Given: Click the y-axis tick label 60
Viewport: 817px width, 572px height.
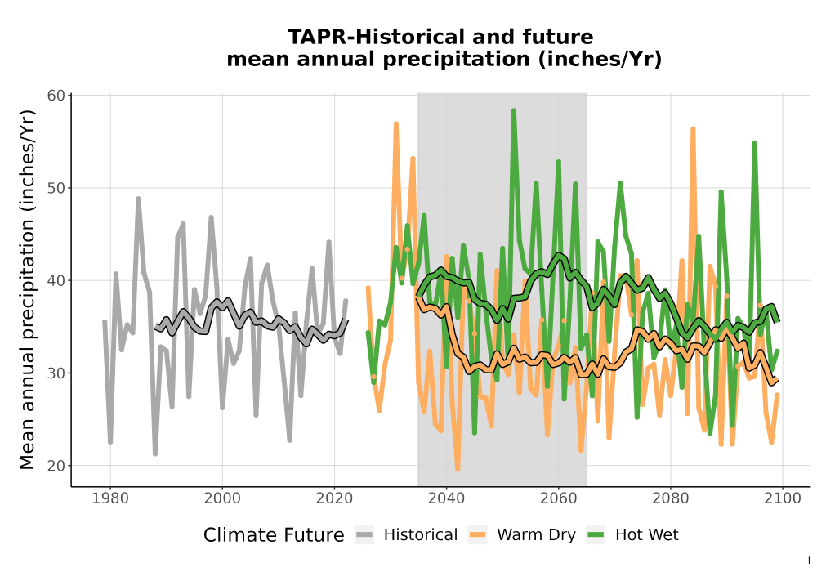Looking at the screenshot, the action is (56, 96).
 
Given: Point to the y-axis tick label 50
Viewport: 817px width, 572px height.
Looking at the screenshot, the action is (56, 188).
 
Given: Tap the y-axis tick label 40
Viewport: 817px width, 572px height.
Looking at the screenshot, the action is (56, 281).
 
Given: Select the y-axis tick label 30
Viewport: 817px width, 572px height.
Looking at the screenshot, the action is (56, 373).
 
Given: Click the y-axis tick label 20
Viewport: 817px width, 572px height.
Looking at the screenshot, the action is (56, 466).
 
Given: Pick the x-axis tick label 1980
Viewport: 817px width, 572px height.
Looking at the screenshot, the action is (110, 498).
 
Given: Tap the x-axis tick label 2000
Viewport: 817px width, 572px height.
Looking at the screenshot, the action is (222, 498).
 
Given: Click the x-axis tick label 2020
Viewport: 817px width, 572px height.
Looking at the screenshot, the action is (334, 498).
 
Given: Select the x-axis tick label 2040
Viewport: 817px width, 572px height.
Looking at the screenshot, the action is (447, 498).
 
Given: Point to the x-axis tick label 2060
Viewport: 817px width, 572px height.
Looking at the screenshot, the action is (559, 498).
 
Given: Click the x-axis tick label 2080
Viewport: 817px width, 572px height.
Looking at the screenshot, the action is (671, 498).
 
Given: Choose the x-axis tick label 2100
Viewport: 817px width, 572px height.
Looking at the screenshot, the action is (783, 498).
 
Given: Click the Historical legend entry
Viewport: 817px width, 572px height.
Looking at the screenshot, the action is (406, 535).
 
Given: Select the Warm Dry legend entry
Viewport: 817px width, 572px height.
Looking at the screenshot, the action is (521, 535).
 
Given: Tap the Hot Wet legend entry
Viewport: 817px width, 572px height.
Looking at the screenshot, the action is (632, 535).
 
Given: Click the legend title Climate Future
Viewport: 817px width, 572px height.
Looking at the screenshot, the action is (274, 535).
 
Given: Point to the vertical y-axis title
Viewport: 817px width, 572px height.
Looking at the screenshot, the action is (27, 289).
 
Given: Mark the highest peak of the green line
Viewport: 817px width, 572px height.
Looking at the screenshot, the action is (514, 110).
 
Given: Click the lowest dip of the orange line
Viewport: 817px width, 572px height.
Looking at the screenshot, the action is (458, 469).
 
